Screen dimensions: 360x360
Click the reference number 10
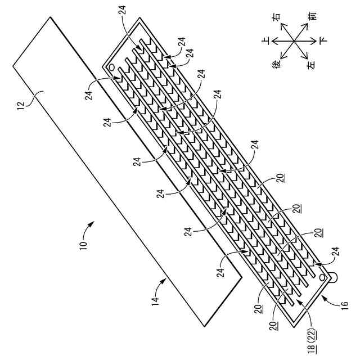pyautogui.click(x=82, y=246)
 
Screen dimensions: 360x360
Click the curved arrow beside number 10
pyautogui.click(x=91, y=228)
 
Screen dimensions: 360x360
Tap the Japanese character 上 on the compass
pyautogui.click(x=266, y=41)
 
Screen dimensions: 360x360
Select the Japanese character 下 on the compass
pyautogui.click(x=323, y=41)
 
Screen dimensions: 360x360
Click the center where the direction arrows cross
pyautogui.click(x=294, y=41)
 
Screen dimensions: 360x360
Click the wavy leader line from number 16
pyautogui.click(x=334, y=294)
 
